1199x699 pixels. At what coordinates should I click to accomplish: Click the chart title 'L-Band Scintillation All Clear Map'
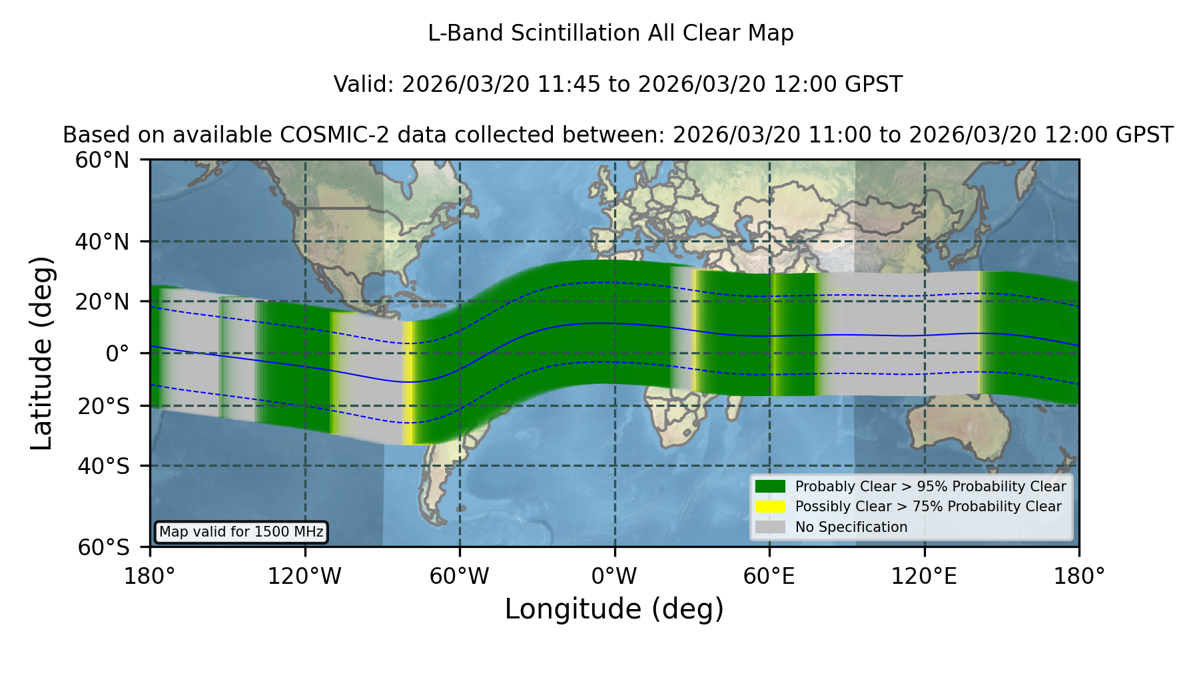tap(611, 33)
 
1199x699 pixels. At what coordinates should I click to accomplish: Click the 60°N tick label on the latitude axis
tap(103, 160)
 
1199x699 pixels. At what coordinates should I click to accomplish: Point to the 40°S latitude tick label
tap(104, 466)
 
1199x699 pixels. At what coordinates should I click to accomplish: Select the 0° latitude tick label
tap(117, 353)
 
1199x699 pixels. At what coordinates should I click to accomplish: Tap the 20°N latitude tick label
tap(103, 302)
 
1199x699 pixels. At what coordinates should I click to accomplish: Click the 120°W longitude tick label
tap(304, 577)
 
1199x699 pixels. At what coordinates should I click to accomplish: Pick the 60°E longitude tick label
tap(769, 577)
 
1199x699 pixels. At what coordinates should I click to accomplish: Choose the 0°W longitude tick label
tap(614, 577)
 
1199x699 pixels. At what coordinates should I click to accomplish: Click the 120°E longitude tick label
tap(925, 577)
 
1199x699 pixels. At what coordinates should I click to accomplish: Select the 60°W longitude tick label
tap(460, 577)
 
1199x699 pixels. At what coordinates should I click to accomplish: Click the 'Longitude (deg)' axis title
tap(614, 610)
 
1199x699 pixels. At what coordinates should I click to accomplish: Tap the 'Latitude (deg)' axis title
tap(41, 353)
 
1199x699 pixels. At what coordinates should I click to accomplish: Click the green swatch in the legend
tap(771, 487)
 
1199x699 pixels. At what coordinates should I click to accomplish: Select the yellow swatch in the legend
tap(771, 507)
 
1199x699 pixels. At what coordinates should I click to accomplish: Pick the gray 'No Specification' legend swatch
tap(771, 527)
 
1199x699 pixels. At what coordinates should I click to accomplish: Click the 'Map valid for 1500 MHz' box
tap(242, 532)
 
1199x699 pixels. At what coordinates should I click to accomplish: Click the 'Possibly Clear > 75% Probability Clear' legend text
tap(928, 507)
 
